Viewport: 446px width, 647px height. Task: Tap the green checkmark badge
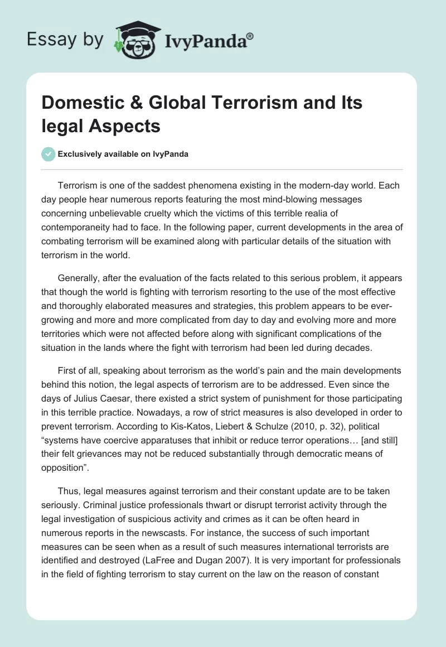click(49, 154)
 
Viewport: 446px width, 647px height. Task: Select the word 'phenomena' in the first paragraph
click(205, 186)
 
